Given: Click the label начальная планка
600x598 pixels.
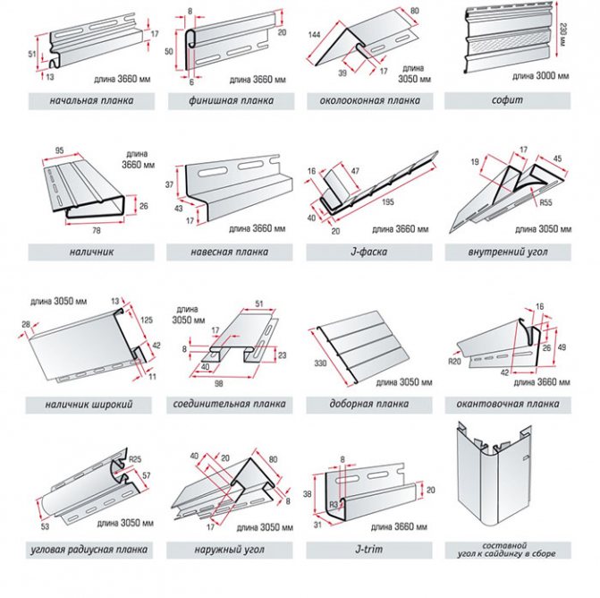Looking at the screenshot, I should [x=93, y=100].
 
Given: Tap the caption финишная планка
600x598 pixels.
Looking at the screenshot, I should [x=230, y=100].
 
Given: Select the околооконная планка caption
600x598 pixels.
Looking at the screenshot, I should [x=369, y=100].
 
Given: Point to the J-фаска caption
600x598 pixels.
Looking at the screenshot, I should [x=369, y=252].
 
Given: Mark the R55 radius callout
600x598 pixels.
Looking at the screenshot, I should [x=545, y=202].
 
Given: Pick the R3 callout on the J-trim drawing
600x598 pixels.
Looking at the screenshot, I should [x=333, y=506].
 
